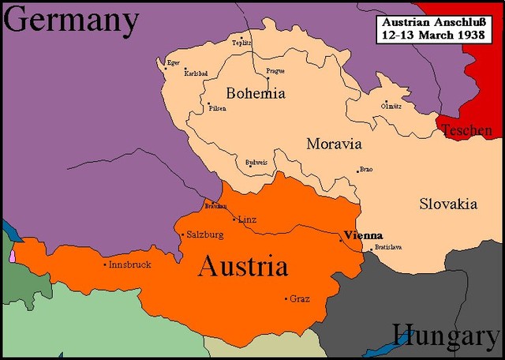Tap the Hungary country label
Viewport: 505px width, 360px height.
click(x=446, y=336)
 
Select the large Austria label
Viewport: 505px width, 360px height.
click(x=242, y=266)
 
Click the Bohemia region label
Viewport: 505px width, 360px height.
click(x=256, y=93)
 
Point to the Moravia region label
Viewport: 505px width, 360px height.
click(x=334, y=144)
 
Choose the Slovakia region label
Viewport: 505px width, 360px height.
click(x=447, y=204)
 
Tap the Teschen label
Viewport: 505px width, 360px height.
click(x=467, y=131)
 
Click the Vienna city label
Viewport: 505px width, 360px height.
click(x=364, y=235)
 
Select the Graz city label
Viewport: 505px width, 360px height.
click(x=300, y=298)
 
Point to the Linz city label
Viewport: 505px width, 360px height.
click(x=247, y=219)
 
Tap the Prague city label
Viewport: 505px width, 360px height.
click(x=275, y=71)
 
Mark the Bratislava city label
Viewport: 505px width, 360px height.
click(x=389, y=247)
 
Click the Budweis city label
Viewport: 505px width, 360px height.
click(x=256, y=161)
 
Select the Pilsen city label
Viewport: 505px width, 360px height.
click(x=218, y=108)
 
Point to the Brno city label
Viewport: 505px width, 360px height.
click(x=365, y=169)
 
